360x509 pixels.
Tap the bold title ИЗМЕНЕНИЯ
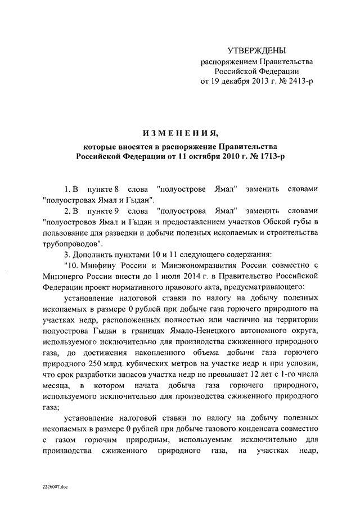click(179, 134)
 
